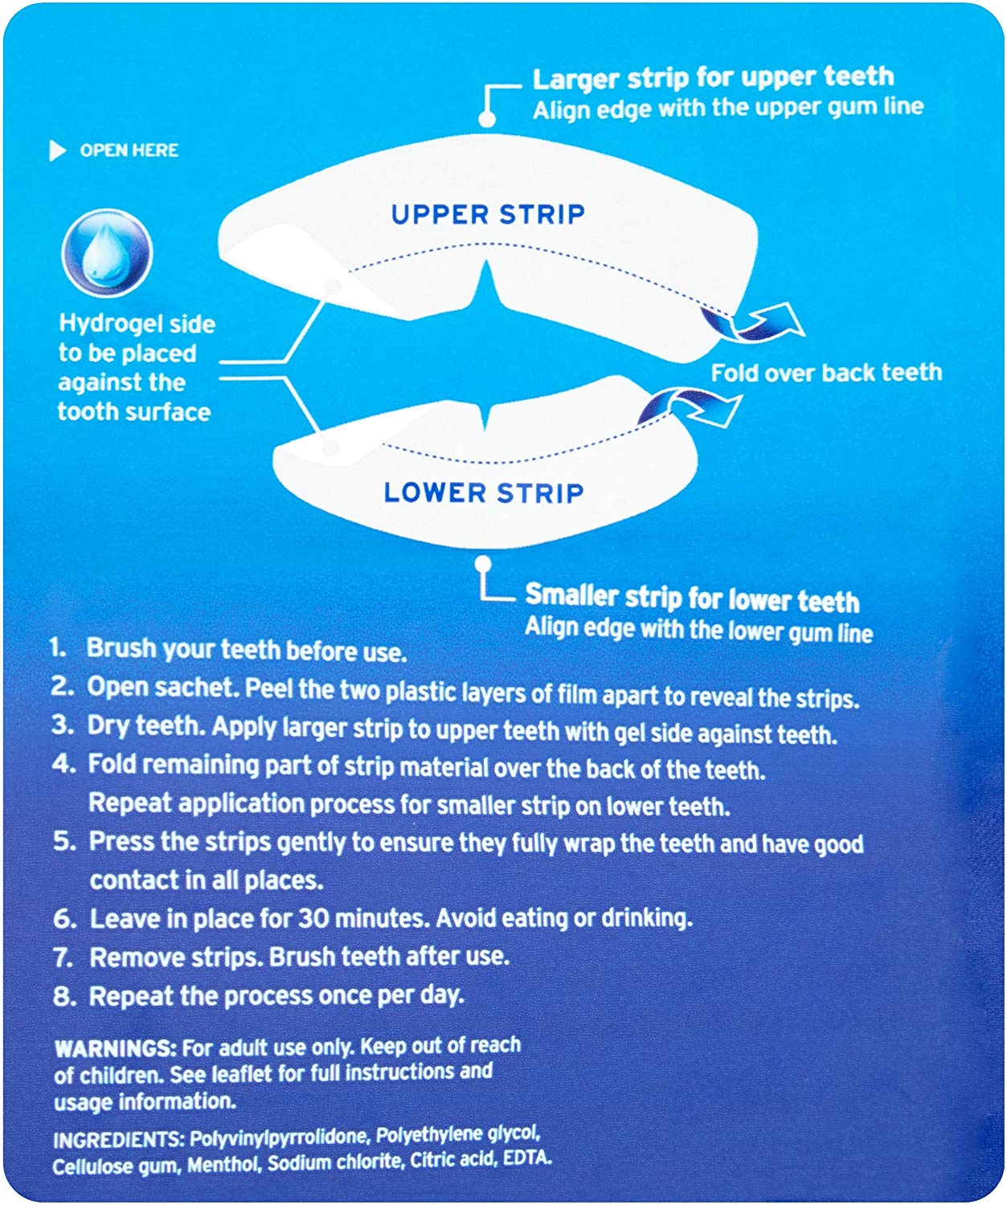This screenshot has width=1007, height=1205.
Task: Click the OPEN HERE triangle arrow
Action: (58, 151)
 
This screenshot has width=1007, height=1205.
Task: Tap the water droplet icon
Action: (108, 254)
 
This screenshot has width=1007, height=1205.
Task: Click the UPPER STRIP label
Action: (488, 214)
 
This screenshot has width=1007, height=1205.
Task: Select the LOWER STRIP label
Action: (484, 492)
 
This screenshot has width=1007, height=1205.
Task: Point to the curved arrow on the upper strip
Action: (751, 322)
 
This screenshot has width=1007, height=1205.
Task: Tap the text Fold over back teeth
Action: (826, 372)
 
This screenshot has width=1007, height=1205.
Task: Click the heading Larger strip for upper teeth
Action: (713, 78)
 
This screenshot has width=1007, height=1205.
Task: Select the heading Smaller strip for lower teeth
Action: (692, 599)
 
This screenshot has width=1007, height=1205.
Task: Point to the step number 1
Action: (58, 647)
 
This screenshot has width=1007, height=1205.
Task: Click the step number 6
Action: (64, 918)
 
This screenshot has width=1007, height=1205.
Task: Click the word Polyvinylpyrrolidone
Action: (280, 1138)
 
